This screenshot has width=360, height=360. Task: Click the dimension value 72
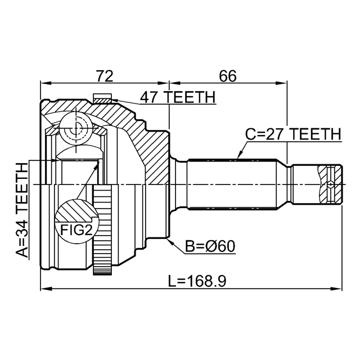coord(105,74)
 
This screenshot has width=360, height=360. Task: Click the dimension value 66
coord(227,74)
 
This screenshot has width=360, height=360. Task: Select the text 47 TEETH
coord(178,97)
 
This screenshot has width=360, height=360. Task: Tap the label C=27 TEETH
coord(293,134)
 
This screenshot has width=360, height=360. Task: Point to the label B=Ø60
coord(210,246)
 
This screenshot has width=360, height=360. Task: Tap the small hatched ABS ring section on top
coord(103,100)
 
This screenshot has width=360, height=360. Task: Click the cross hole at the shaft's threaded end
coord(331,184)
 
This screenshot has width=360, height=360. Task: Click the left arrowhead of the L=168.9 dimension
coord(43,289)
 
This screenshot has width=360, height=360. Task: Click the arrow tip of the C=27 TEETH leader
coord(238,157)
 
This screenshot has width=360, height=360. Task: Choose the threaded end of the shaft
coord(327,184)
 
